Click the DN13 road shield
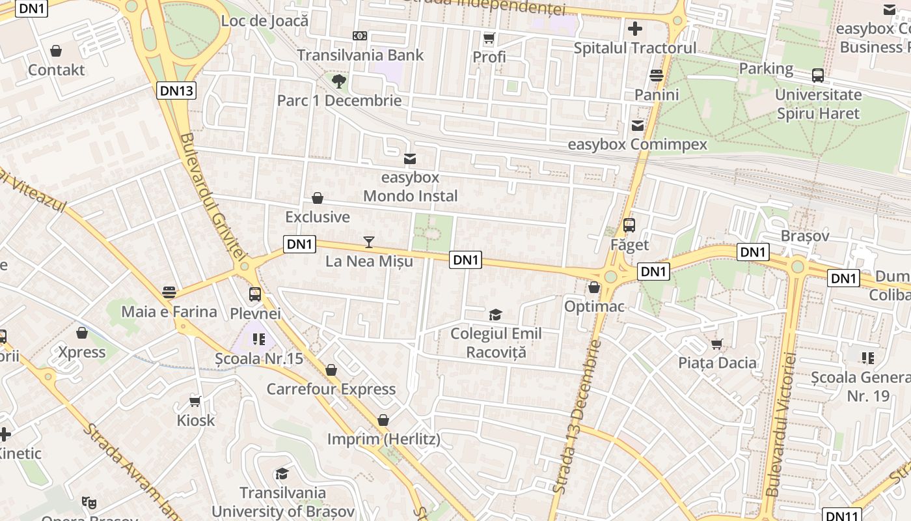[x=176, y=91]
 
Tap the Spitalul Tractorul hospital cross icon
[x=635, y=29]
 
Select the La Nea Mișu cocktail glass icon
[x=369, y=242]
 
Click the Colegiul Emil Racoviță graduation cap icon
[x=496, y=315]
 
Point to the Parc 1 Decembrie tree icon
[x=338, y=81]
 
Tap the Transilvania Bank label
[x=360, y=55]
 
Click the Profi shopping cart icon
[x=489, y=38]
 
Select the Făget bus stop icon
[x=629, y=225]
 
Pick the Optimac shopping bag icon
[x=593, y=287]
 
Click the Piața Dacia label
[x=718, y=363]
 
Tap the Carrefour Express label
[x=331, y=389]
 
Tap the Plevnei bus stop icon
[x=255, y=294]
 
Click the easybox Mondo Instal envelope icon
[x=410, y=158]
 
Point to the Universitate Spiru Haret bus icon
[x=818, y=76]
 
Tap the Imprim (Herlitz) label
[x=383, y=439]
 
